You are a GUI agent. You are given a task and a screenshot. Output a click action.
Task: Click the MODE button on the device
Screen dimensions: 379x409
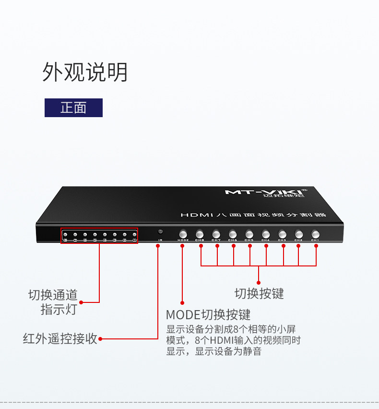point(183,234)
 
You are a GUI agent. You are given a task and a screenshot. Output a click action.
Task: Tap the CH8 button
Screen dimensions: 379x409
point(200,234)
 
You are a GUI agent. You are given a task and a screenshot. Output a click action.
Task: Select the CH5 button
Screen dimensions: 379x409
point(249,234)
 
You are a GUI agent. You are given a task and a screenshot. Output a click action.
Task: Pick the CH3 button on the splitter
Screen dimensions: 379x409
point(282,234)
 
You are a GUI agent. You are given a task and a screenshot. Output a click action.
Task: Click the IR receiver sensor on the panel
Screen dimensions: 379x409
point(160,232)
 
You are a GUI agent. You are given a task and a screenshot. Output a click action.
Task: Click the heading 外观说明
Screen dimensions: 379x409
point(85,72)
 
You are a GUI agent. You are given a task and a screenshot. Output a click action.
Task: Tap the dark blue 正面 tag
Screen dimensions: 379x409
point(73,108)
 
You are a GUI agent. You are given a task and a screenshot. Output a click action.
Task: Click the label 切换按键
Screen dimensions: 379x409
point(259,293)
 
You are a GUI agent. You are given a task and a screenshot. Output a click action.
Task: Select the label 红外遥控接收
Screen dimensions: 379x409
point(60,338)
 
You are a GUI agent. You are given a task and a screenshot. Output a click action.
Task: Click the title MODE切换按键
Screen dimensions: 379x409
point(208,315)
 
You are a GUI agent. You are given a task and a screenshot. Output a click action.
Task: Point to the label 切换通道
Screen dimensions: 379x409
point(53,295)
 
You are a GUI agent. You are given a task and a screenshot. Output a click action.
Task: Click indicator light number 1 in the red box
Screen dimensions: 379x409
point(134,234)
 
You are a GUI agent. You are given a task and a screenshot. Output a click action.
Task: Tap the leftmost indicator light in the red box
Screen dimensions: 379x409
point(65,234)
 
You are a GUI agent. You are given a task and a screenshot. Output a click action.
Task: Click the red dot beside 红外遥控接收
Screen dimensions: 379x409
point(101,339)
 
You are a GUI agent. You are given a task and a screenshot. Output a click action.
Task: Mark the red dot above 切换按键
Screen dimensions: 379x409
point(259,282)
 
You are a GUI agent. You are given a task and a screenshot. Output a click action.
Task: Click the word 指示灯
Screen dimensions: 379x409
point(59,310)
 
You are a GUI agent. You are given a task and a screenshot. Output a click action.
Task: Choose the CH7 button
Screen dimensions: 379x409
point(216,234)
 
